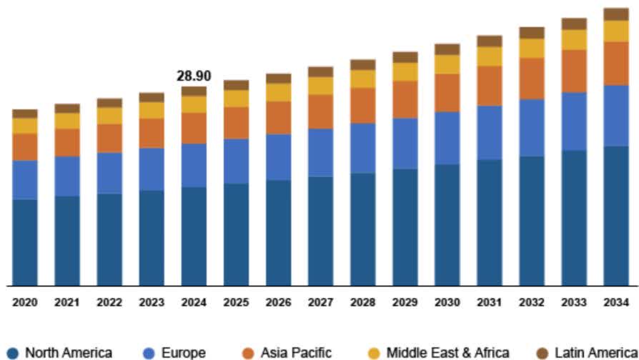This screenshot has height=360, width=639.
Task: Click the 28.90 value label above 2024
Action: [194, 76]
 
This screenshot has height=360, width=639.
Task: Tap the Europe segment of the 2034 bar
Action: [616, 115]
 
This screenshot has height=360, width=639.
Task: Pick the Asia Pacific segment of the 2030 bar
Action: [447, 92]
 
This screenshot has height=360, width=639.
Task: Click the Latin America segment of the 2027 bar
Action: [320, 71]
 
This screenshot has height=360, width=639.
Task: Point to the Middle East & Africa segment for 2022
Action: [109, 116]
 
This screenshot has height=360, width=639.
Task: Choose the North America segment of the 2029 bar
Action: [405, 226]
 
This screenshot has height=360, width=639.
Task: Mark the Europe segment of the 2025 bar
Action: [236, 161]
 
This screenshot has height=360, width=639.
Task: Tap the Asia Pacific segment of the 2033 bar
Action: [574, 71]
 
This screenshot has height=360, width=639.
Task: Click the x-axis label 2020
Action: [25, 302]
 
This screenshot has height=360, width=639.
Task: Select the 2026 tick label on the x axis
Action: [278, 302]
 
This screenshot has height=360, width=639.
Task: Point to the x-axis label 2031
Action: [490, 302]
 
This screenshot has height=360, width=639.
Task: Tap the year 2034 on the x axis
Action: [616, 302]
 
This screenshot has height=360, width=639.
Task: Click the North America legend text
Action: [69, 352]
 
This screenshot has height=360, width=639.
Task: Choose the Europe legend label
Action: [184, 352]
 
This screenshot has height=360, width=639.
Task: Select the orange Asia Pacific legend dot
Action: [248, 352]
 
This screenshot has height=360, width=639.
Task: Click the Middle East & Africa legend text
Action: [448, 352]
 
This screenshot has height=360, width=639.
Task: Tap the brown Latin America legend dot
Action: [542, 352]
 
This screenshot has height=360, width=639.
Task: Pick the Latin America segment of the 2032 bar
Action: [532, 32]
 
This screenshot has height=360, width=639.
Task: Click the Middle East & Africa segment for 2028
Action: [362, 79]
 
